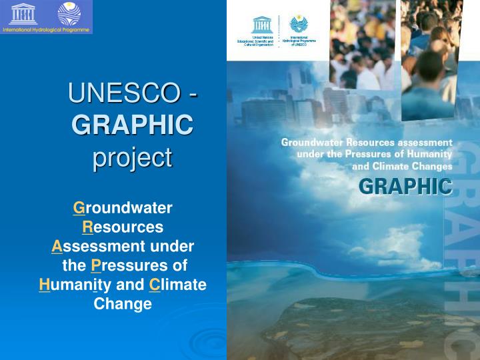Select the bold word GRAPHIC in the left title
[x=132, y=125]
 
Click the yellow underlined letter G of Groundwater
[x=79, y=208]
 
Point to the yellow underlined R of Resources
[x=87, y=227]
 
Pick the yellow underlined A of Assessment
[x=57, y=247]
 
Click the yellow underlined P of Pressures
[x=96, y=266]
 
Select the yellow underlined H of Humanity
[x=44, y=285]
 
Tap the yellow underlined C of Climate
[x=155, y=285]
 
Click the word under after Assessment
[x=172, y=247]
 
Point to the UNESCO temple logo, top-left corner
[x=23, y=13]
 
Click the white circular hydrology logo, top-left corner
[x=69, y=13]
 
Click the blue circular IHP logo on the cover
[x=299, y=25]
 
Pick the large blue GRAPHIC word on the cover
[x=405, y=186]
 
